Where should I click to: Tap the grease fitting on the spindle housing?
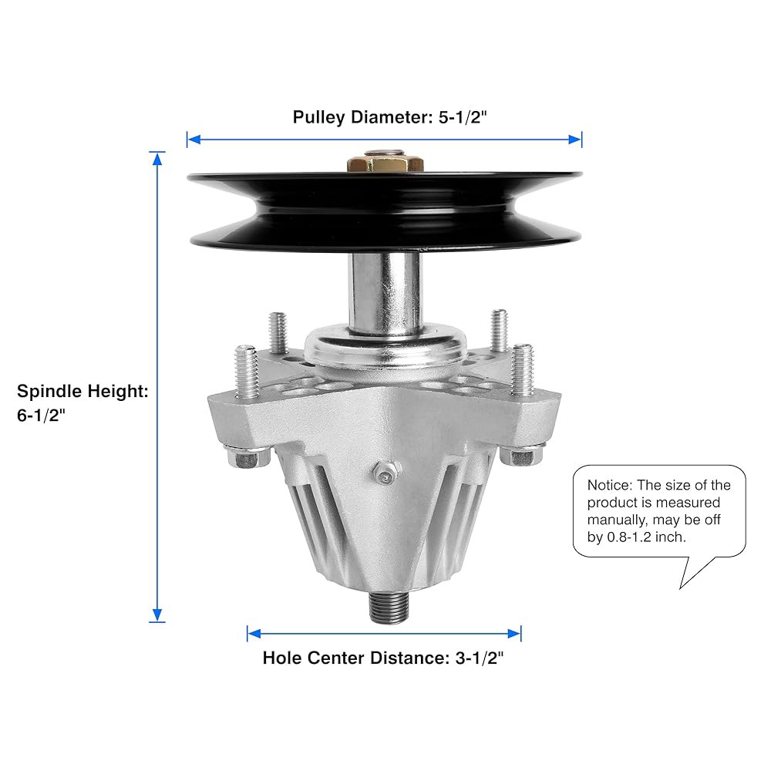tap(386, 474)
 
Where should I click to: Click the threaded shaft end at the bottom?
tap(389, 608)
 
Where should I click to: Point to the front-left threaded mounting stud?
tap(247, 372)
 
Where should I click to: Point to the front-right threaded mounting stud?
tap(522, 369)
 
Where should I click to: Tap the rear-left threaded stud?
tap(278, 333)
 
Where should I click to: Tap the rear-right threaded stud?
tap(499, 331)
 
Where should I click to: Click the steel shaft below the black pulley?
tap(385, 294)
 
